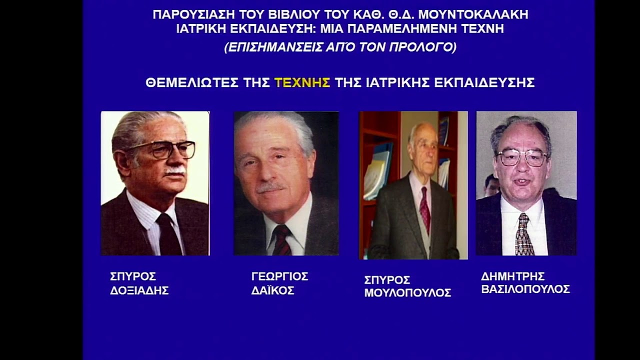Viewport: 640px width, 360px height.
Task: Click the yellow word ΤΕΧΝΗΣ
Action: click(302, 83)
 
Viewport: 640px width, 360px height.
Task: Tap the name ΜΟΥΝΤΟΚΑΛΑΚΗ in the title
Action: click(473, 14)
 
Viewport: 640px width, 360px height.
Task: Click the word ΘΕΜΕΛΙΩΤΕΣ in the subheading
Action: click(192, 83)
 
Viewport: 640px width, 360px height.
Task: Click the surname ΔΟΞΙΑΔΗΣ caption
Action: click(139, 290)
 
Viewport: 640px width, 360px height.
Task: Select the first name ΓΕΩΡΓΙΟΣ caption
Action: click(279, 276)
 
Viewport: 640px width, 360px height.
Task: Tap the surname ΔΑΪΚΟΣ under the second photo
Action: click(272, 290)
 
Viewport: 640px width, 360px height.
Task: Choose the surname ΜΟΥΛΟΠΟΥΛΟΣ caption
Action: click(407, 293)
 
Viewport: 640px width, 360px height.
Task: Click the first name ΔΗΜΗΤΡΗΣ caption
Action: click(513, 276)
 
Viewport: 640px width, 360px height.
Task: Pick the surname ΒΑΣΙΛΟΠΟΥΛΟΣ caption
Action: click(525, 289)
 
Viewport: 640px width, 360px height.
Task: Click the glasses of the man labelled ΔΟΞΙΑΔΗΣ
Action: click(164, 149)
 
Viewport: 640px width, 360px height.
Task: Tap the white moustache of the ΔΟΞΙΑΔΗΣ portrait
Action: click(175, 171)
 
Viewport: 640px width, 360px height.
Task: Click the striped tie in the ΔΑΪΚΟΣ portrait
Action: click(282, 240)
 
